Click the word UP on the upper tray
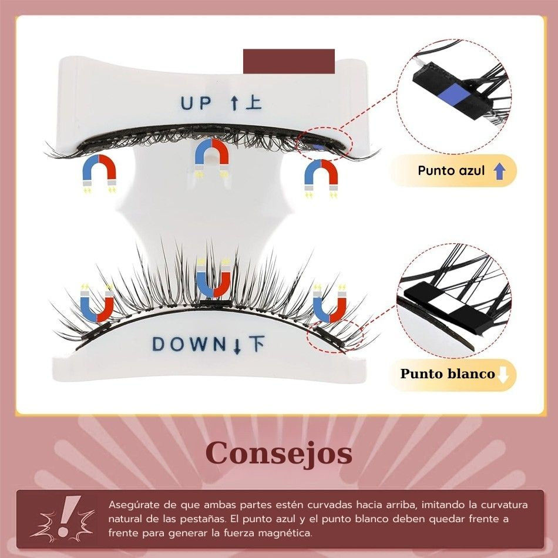click(196, 103)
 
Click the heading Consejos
click(279, 453)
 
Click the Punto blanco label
click(448, 374)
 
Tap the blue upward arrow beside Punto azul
click(499, 171)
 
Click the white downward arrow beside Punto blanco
click(503, 374)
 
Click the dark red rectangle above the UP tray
click(288, 61)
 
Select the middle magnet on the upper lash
click(211, 156)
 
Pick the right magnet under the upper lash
click(321, 176)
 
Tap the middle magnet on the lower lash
click(213, 278)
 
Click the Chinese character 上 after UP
click(253, 103)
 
